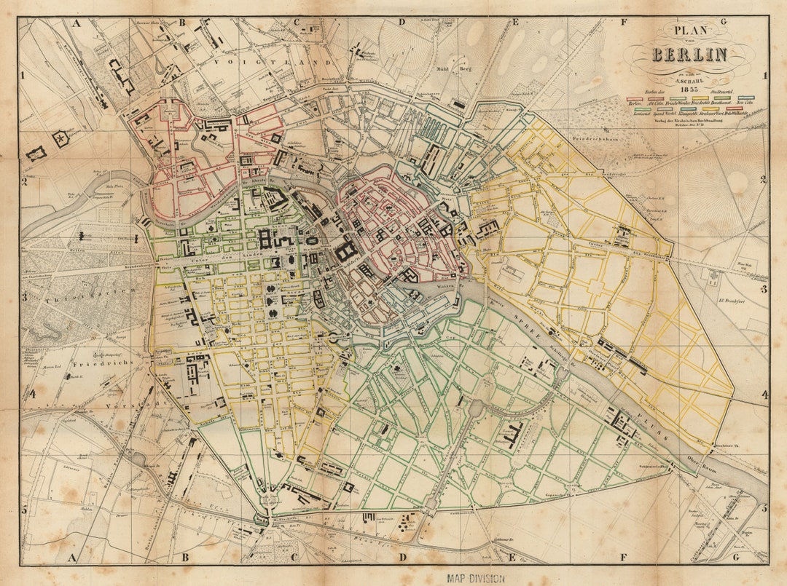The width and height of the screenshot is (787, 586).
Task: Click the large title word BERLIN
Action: click(x=689, y=55)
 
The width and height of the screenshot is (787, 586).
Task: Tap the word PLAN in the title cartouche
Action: click(x=689, y=30)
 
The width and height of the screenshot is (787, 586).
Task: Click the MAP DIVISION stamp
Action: click(x=474, y=578)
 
